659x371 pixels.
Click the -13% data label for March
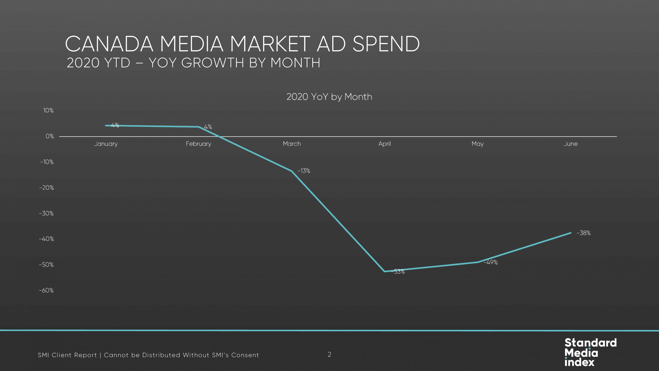point(304,171)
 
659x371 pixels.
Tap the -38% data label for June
point(583,233)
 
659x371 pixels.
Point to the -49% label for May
point(490,262)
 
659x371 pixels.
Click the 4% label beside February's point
point(208,127)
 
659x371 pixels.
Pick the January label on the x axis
point(106,144)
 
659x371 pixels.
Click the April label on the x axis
point(384,144)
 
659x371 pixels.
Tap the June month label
point(570,144)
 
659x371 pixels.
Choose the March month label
point(292,144)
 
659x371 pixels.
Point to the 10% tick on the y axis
point(48,111)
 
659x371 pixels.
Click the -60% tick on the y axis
point(46,290)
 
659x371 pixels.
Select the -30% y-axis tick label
point(46,213)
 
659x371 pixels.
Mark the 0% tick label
point(50,136)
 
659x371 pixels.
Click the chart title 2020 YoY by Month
point(329,97)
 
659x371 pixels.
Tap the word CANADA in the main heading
point(109,44)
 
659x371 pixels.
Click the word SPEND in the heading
point(386,44)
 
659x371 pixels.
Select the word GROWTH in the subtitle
point(213,63)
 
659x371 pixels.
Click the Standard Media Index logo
point(591,352)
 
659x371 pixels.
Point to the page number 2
point(329,355)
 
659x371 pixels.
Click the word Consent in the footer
point(245,355)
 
